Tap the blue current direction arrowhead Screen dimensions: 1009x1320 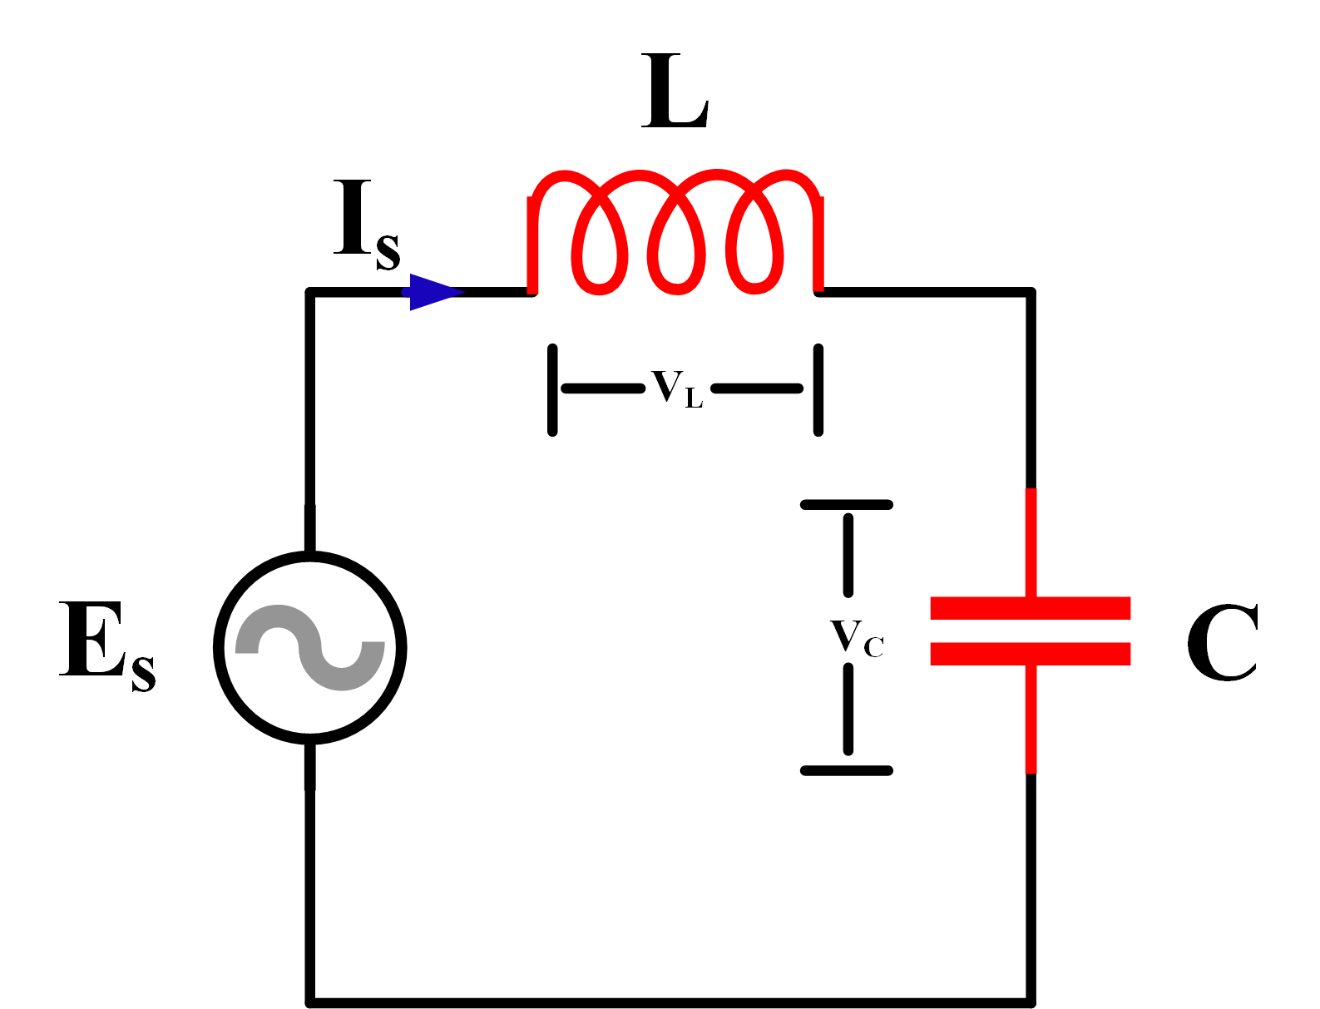[433, 292]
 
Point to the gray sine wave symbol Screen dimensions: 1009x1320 [310, 648]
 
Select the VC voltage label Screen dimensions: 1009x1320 [856, 638]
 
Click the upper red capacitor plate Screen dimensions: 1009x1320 [1030, 608]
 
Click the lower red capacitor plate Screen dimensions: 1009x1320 [1030, 654]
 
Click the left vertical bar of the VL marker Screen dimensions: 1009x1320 [552, 389]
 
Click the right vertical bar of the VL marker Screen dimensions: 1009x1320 [818, 389]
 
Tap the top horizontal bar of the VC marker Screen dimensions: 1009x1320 [846, 505]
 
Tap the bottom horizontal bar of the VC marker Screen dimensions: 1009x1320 [846, 771]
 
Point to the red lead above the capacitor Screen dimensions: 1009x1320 [1031, 541]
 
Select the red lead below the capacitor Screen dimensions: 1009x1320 [1031, 720]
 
